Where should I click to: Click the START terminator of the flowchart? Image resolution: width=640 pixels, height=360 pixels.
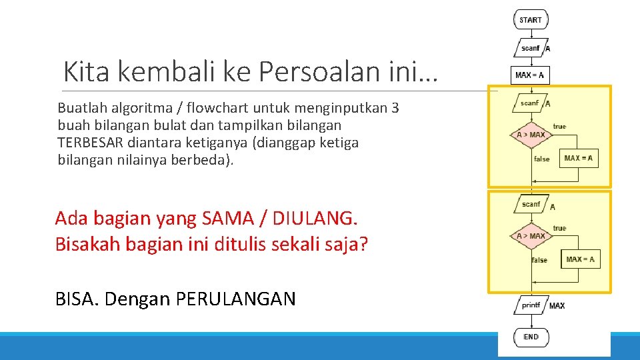531,20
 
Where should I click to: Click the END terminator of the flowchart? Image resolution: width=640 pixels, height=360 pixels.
531,337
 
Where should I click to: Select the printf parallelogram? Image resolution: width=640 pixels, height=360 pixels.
531,305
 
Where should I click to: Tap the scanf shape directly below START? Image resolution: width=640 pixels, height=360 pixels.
530,48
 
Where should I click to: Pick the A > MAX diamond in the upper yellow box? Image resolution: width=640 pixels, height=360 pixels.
531,135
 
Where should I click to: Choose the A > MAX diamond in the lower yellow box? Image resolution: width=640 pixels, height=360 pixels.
531,236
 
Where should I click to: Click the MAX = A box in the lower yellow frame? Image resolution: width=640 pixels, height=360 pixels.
580,259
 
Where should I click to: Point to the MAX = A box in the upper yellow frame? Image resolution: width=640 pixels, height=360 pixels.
578,158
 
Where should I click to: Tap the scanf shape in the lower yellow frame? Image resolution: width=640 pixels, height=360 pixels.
531,204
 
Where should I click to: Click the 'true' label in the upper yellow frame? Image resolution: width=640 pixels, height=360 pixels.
559,127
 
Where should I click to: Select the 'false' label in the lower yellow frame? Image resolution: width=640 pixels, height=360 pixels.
539,260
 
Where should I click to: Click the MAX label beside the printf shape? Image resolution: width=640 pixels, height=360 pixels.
557,306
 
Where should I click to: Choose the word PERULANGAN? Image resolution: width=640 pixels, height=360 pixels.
235,299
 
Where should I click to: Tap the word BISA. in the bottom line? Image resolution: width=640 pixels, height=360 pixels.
77,299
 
